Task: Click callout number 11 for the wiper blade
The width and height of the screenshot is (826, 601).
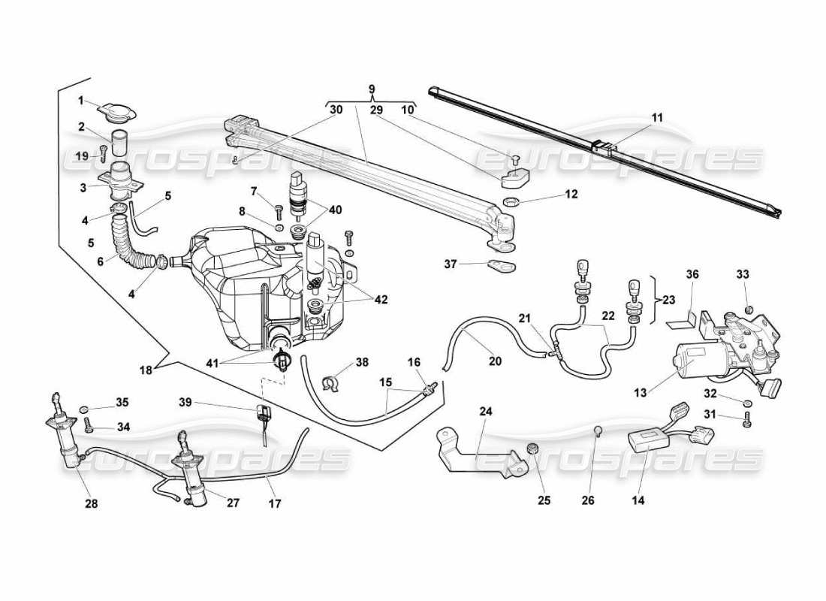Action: (x=658, y=118)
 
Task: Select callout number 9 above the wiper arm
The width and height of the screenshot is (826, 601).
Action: (x=371, y=88)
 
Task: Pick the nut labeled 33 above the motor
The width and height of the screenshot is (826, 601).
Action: (x=749, y=309)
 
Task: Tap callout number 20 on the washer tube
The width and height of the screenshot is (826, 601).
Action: (x=495, y=361)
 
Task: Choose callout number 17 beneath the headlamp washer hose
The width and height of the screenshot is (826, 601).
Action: (x=275, y=504)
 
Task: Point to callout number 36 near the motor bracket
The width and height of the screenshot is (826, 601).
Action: (x=692, y=275)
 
